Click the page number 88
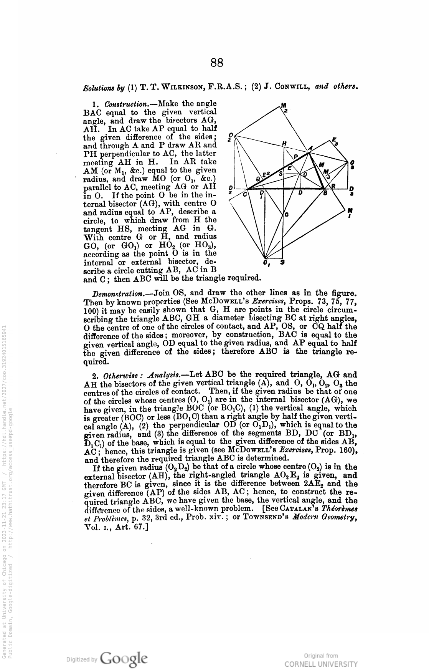(x=217, y=63)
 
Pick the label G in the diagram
(x=286, y=214)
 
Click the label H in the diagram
(x=284, y=143)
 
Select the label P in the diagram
(x=296, y=156)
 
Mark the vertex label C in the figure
(x=244, y=194)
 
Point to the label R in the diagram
(x=333, y=186)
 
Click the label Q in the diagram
(x=259, y=179)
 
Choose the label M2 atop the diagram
(x=284, y=107)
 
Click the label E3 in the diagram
(x=335, y=141)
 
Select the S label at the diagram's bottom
(x=282, y=263)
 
